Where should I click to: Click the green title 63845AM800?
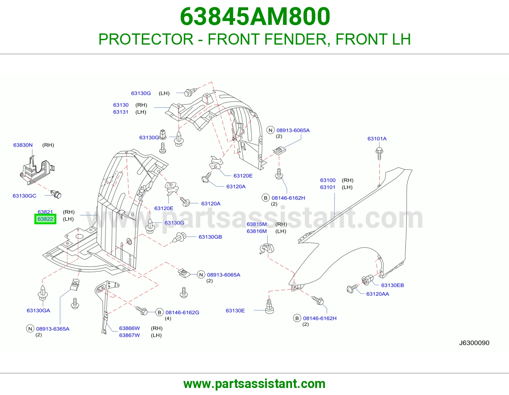pos(255,17)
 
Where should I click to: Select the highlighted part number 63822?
pos(45,219)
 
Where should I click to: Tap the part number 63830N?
pos(23,145)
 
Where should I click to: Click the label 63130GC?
pos(24,196)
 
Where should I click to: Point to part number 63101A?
pos(377,139)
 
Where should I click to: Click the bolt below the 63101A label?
pos(379,154)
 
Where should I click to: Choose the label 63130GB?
pos(210,237)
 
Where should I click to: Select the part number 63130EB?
pos(393,285)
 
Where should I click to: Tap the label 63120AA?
pos(378,294)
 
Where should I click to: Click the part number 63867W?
pos(129,335)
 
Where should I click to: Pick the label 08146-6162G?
pos(182,312)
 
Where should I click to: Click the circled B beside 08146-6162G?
pos(159,312)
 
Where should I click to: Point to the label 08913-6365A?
pos(53,329)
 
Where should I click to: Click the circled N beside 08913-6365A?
pos(30,329)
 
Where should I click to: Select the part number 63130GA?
pos(38,311)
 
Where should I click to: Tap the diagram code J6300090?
pos(474,343)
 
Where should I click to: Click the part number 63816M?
pos(256,231)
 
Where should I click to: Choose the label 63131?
pos(121,112)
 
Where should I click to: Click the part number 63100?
pos(328,180)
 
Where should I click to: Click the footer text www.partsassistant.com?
pos(254,384)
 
